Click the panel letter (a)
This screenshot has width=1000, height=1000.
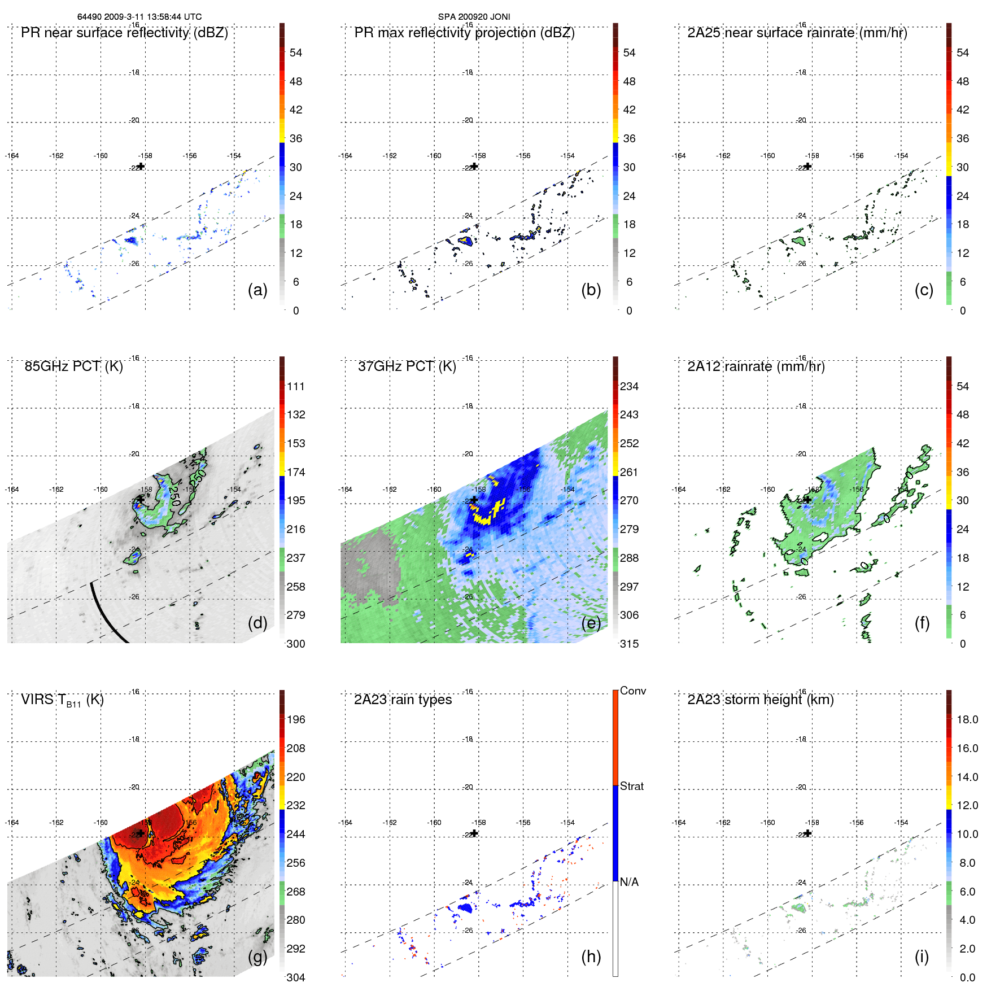(257, 290)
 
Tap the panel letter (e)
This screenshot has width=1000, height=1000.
(591, 623)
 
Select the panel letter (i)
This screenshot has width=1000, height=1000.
(922, 957)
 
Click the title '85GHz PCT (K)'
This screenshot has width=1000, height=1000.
(73, 366)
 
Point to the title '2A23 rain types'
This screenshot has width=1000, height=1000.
(403, 700)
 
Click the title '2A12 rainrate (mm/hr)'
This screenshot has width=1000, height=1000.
(756, 366)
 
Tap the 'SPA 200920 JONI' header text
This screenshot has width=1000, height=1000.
(474, 17)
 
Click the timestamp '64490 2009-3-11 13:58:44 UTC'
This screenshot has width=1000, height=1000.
(139, 17)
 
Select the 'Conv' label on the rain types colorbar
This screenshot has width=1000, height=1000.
(632, 691)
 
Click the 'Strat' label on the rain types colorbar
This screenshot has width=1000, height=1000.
(631, 787)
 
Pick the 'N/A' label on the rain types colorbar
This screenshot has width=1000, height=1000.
(629, 882)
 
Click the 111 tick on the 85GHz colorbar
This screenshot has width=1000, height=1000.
(296, 386)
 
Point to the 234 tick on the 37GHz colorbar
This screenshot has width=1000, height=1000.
(629, 386)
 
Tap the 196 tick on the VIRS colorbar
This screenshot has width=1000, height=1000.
(296, 719)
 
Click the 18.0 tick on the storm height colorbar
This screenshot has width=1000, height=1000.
(967, 719)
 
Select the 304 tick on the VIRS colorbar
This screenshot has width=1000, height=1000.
(296, 977)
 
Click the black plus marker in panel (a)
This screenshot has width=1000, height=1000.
(141, 166)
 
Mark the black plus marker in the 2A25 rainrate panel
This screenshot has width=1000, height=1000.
(807, 166)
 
